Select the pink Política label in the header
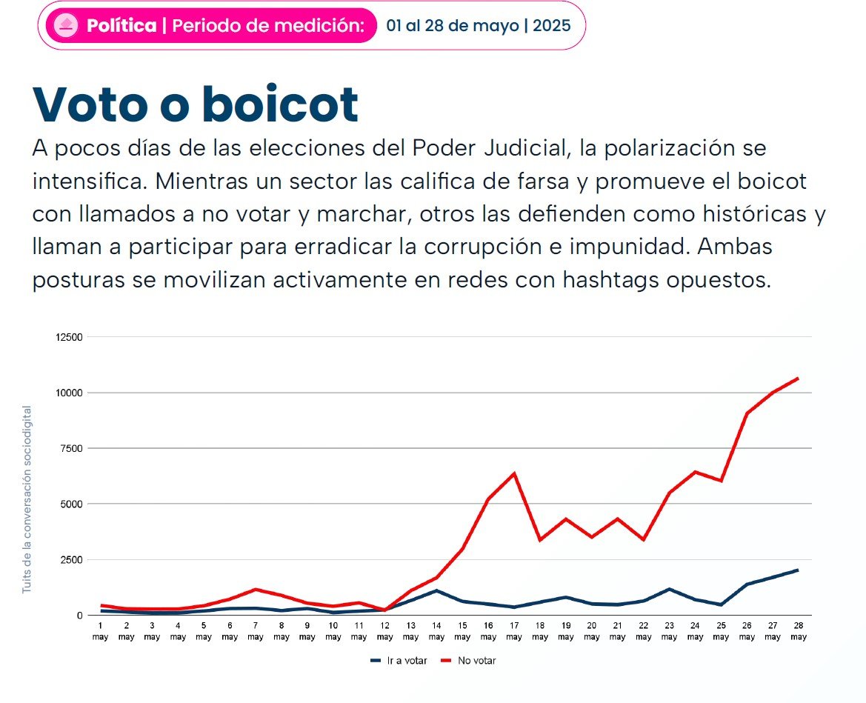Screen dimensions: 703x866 (x=121, y=26)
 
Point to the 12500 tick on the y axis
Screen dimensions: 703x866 (x=69, y=337)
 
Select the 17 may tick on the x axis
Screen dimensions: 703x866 (x=514, y=631)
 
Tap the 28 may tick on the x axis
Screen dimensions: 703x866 (x=798, y=631)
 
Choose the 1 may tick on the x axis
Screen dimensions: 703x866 (x=100, y=631)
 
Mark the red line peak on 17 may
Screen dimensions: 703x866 (x=513, y=473)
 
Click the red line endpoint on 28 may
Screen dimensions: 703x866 (x=798, y=379)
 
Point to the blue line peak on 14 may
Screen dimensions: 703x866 (x=436, y=590)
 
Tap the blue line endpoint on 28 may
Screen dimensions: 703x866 (x=798, y=570)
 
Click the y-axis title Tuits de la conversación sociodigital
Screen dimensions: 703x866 (x=27, y=499)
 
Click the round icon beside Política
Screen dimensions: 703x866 (x=67, y=26)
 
